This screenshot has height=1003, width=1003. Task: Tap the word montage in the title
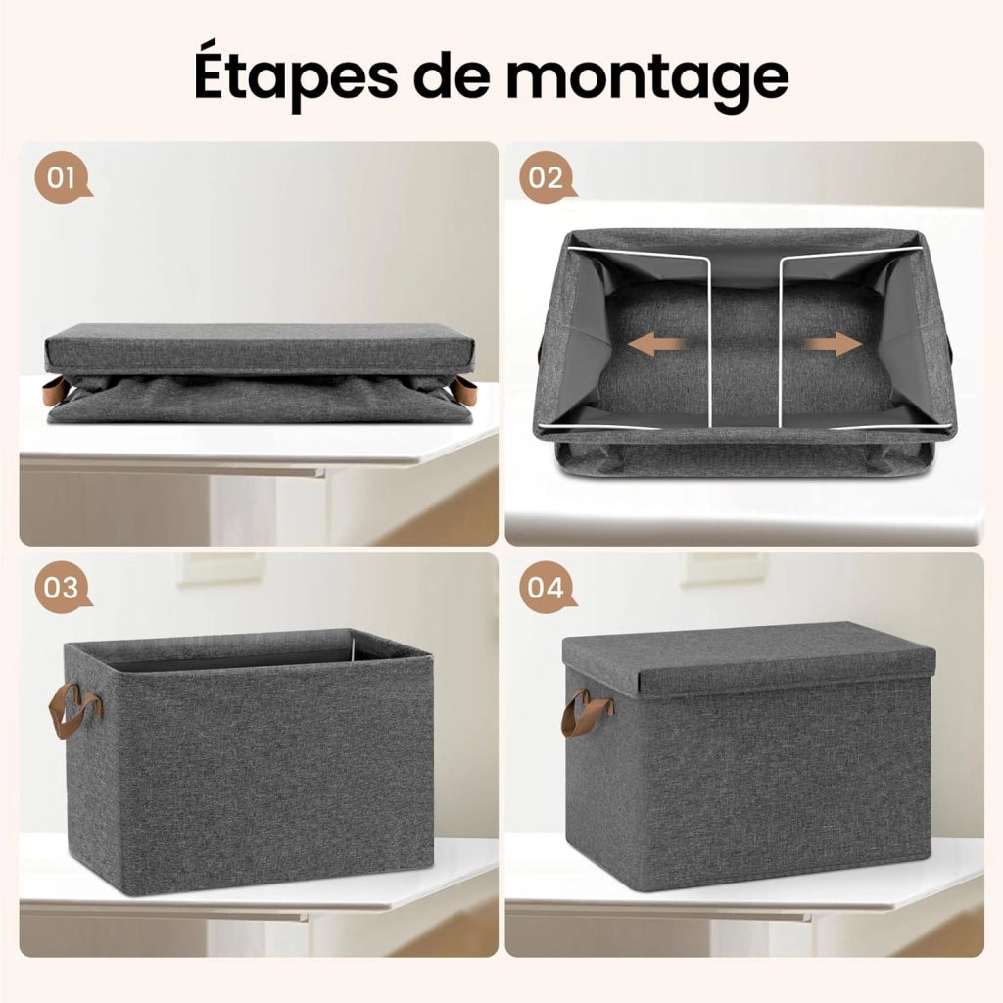[647, 80]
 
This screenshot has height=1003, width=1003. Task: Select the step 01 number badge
[62, 177]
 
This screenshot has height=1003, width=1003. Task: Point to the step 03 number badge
[62, 588]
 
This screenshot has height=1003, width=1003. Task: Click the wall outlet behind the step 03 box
[219, 567]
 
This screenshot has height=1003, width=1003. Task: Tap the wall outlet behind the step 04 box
[722, 567]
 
